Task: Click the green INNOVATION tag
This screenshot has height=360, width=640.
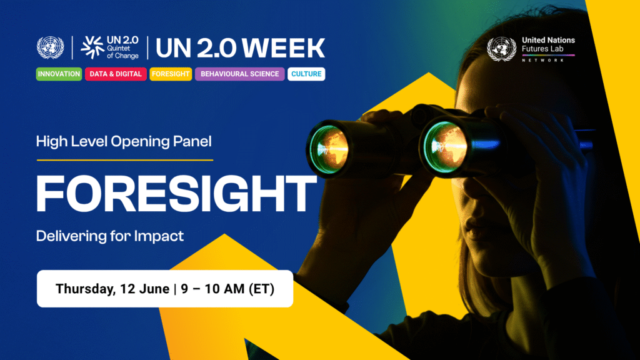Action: tap(59, 74)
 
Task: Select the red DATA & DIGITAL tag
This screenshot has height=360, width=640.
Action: tap(116, 74)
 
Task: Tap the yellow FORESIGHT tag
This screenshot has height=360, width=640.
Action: tap(171, 74)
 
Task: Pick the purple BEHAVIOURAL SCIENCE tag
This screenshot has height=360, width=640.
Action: tap(239, 74)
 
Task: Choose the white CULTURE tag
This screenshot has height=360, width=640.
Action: tap(306, 74)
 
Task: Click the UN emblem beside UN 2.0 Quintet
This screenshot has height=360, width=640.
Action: tap(50, 47)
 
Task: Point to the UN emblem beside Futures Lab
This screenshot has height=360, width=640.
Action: tap(501, 49)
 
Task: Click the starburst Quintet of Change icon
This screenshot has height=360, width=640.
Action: tap(92, 47)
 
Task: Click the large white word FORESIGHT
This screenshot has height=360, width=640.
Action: tap(176, 194)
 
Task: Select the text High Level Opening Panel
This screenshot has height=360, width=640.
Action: tap(124, 142)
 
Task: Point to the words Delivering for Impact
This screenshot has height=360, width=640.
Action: tap(110, 236)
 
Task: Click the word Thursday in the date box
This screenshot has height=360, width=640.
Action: tap(86, 289)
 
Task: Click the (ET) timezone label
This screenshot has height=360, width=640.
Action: tap(262, 289)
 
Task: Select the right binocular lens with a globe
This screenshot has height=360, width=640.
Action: tap(446, 147)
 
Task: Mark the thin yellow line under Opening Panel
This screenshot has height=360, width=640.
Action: tap(125, 160)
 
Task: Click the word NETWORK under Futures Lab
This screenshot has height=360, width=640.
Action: tap(543, 60)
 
